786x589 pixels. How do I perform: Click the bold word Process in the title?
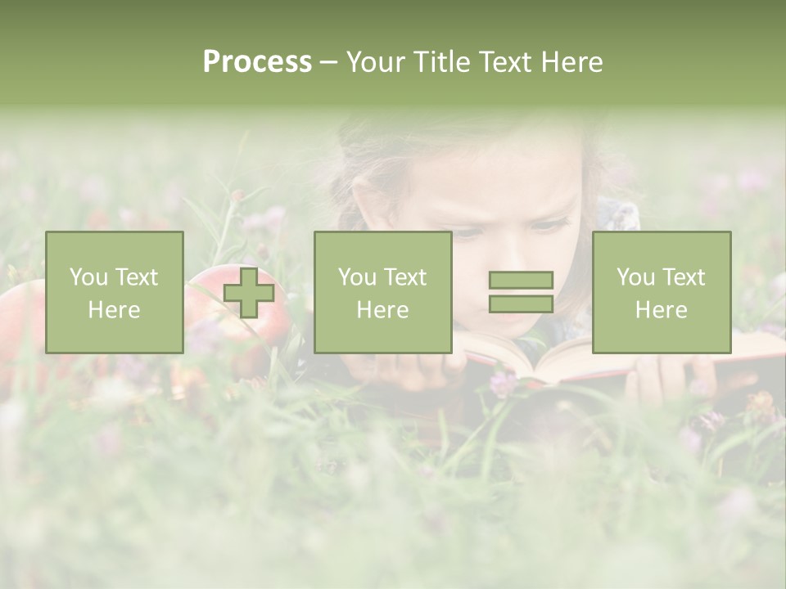257,62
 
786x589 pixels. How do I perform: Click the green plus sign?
249,293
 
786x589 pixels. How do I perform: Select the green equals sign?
521,292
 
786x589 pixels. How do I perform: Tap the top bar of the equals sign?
521,281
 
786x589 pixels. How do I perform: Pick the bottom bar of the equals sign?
521,303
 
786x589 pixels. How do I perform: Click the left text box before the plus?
115,292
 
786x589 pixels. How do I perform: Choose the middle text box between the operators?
383,292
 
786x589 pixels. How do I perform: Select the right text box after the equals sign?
662,292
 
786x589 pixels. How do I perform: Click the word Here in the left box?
114,310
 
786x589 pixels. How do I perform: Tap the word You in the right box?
635,277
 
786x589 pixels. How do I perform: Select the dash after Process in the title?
328,63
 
